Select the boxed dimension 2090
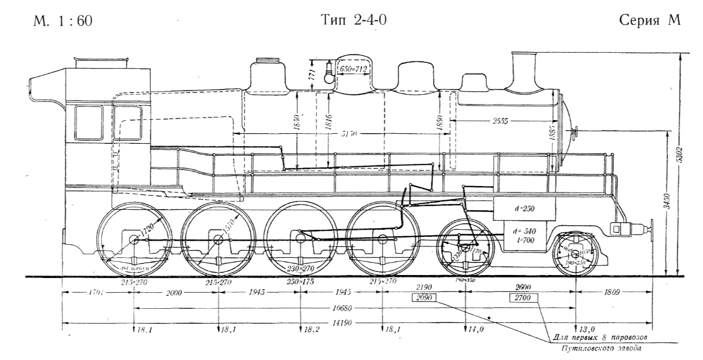[x=424, y=298]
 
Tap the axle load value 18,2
[x=311, y=330]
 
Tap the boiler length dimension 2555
[x=501, y=121]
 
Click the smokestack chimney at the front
[x=525, y=70]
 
